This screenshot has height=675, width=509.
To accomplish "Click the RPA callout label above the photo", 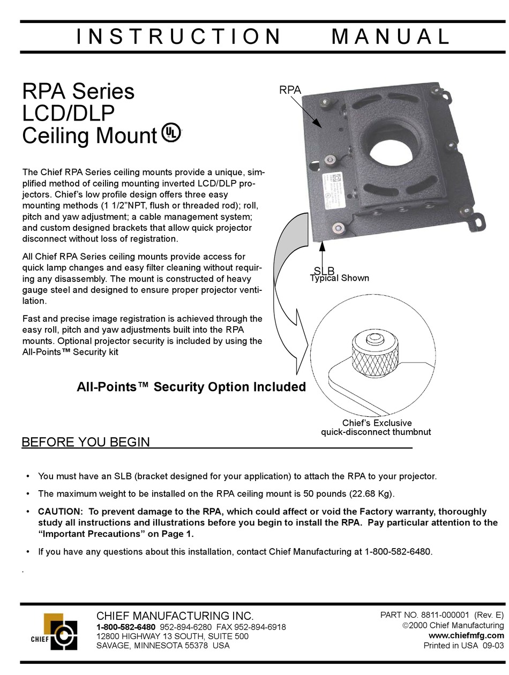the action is coord(290,90).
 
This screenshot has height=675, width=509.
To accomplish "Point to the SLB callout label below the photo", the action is coord(324,271).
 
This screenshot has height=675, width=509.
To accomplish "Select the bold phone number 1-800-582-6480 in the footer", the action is coord(126,627).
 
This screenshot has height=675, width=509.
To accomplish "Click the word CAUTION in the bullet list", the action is coord(61,511).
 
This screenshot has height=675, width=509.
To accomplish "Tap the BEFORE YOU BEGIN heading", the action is coord(86,442).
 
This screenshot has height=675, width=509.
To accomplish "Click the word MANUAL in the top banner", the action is coord(390,36).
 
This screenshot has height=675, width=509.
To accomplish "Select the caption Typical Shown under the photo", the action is coord(339,278).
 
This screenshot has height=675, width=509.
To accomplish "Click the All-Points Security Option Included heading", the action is coord(191,387).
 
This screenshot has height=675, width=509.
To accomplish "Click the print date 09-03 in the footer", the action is coord(493,645).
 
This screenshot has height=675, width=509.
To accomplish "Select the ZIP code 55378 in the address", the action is coord(196,645).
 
